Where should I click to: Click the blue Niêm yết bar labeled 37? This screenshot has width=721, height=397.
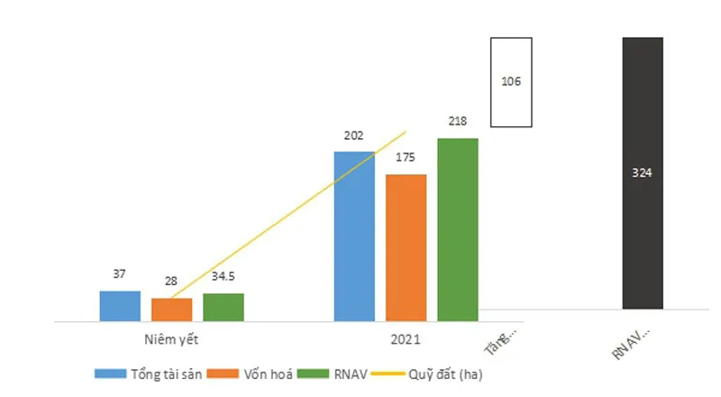tap(120, 306)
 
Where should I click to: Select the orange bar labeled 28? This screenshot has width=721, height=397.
tap(171, 309)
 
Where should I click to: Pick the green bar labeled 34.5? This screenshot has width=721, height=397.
tap(223, 307)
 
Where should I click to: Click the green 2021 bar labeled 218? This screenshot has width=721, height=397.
tap(458, 229)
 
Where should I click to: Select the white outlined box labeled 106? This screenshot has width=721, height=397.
tap(511, 81)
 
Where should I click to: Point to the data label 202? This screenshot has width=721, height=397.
tap(354, 137)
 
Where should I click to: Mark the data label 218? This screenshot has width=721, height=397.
tap(458, 121)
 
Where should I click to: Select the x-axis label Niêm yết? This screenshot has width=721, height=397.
tap(170, 340)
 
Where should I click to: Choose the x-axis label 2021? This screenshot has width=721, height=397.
tap(406, 340)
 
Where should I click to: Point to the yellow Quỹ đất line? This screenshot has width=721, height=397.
tap(288, 216)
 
